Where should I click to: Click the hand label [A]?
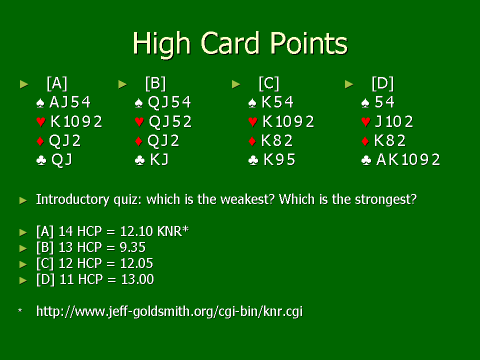click(57, 83)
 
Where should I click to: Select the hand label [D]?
click(382, 83)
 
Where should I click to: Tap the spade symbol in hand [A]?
click(40, 103)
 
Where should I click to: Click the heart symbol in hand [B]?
click(139, 122)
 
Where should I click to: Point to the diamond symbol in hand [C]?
click(252, 141)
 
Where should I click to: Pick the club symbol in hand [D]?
click(366, 160)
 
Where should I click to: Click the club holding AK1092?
click(408, 159)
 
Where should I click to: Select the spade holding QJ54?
click(169, 102)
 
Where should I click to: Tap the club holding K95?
click(279, 159)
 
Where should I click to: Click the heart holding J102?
click(394, 121)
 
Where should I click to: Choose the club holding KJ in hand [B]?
click(159, 159)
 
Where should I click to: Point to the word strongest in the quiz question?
click(385, 200)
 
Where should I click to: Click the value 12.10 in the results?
click(136, 231)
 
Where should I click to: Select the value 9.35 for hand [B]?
click(132, 247)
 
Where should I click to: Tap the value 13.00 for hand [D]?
click(137, 279)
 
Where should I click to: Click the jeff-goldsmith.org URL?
click(169, 311)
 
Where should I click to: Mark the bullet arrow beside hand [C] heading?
click(236, 84)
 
